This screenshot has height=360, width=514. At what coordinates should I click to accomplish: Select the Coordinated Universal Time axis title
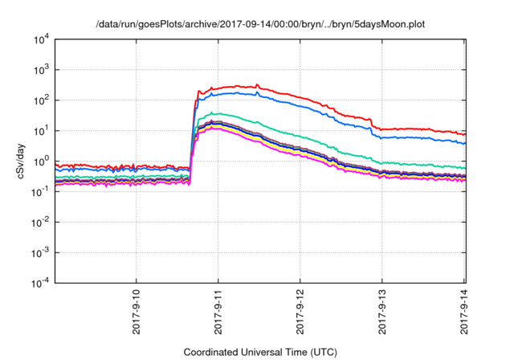259,352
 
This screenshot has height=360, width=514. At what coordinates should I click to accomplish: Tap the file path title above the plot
259,25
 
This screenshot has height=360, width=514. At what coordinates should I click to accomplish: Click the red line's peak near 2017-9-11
257,84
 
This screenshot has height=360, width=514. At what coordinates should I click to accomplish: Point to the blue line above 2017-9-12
300,104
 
